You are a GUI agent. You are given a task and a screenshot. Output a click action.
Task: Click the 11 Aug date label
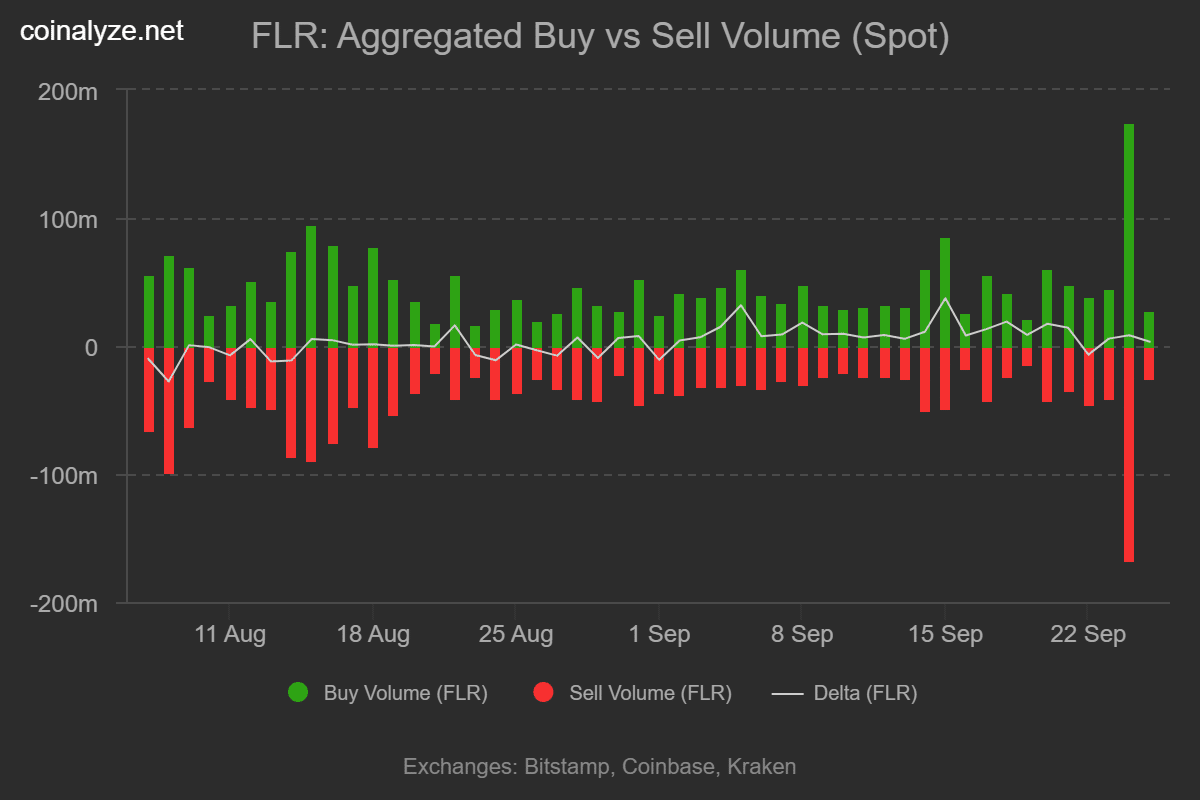[x=229, y=635]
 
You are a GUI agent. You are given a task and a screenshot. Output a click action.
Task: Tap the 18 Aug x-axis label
[x=373, y=635]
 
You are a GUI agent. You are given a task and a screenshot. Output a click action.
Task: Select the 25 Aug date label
[x=516, y=635]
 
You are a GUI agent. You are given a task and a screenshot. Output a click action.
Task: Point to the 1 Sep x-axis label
[x=658, y=635]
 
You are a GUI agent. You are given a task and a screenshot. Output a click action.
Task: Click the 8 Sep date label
[x=801, y=635]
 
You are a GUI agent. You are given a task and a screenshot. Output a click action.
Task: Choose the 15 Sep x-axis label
[x=945, y=635]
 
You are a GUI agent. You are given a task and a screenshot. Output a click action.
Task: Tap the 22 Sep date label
[x=1088, y=635]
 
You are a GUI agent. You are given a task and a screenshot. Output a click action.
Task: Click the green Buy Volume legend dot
[x=297, y=692]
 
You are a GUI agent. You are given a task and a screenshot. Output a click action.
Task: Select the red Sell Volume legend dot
[x=543, y=692]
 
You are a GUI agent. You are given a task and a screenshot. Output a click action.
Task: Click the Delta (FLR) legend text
[x=865, y=693]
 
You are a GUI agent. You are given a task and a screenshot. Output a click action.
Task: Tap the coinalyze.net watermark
[x=102, y=31]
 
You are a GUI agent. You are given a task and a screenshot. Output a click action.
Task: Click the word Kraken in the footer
[x=761, y=767]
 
